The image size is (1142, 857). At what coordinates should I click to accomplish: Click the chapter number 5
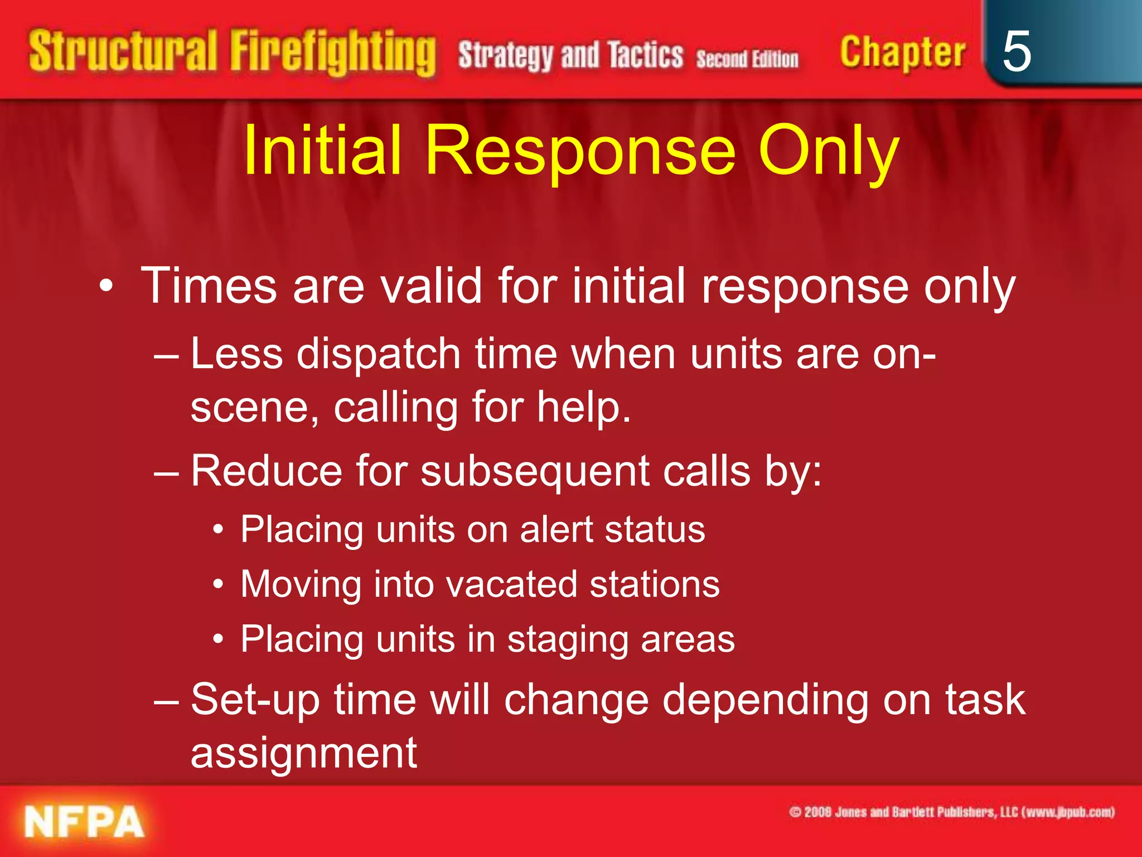click(x=1016, y=51)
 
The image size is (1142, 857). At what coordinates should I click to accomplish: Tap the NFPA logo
click(x=84, y=822)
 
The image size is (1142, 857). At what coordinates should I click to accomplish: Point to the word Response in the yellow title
click(x=580, y=151)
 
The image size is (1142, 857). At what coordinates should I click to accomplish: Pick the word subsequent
click(x=535, y=471)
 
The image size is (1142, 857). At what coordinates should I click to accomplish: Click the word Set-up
click(x=255, y=700)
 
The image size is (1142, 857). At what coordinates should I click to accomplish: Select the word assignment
click(x=304, y=753)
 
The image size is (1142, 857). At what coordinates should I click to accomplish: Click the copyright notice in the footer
click(x=951, y=812)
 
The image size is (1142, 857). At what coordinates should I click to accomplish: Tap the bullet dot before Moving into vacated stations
click(x=219, y=585)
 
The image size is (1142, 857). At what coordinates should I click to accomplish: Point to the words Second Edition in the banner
click(x=747, y=59)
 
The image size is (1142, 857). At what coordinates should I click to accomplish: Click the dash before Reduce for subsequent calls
click(x=166, y=472)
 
